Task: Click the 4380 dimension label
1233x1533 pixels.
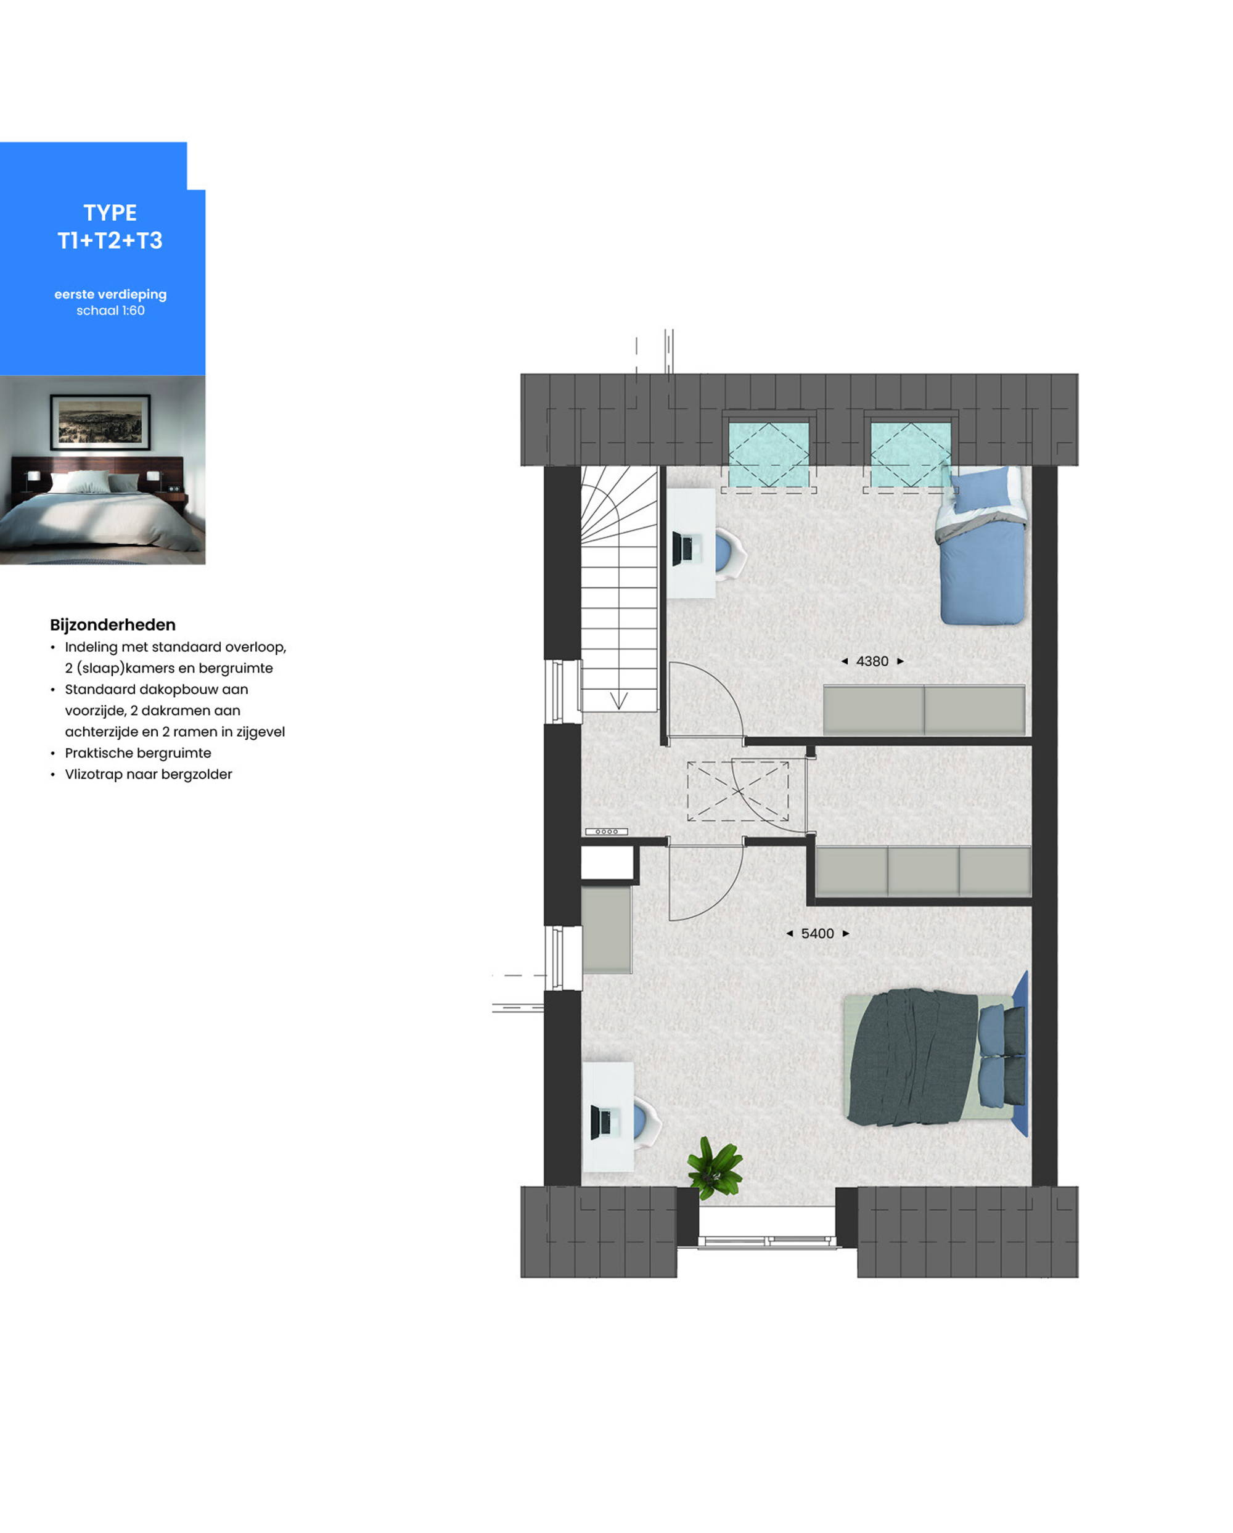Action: pos(872,661)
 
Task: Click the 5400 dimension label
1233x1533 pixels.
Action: pos(817,934)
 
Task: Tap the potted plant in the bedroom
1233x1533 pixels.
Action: pos(715,1168)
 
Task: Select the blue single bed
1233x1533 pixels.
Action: pos(981,546)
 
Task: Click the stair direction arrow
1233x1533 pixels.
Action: pos(618,700)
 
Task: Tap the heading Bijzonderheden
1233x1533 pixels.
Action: pos(112,625)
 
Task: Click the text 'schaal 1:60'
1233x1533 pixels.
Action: pos(110,311)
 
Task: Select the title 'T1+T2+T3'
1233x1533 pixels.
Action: pos(110,241)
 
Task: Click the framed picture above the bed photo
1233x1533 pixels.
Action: pos(100,422)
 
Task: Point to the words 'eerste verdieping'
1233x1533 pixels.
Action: pos(110,295)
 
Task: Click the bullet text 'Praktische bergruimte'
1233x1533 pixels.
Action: pos(138,753)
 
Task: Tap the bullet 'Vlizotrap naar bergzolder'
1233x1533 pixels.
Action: pos(149,774)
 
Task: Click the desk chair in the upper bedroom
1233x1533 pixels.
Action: pos(729,552)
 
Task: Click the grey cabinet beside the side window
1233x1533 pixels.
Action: pos(607,930)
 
